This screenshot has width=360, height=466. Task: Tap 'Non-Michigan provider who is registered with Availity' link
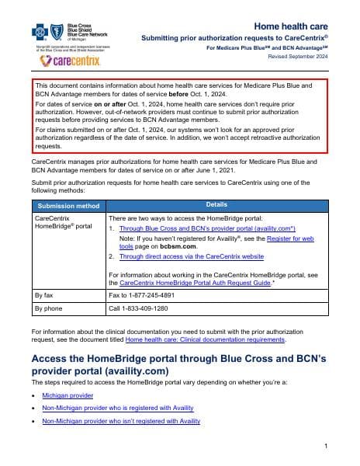118,408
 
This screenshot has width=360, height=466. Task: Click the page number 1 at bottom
327,445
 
